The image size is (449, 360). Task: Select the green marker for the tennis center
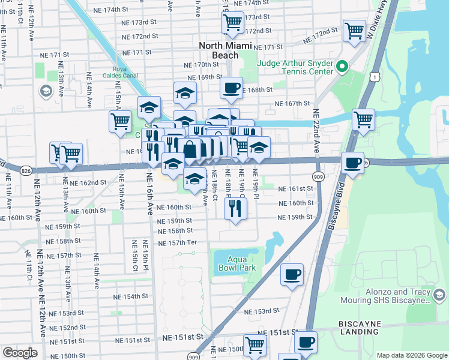[x=343, y=67]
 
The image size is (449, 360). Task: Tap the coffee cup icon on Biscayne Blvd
[x=352, y=162]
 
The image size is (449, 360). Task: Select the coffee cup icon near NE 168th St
[x=231, y=88]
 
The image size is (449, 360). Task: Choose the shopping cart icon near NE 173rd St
[x=232, y=22]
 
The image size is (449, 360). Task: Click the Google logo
[x=20, y=353]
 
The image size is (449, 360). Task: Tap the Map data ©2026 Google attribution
[x=411, y=355]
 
